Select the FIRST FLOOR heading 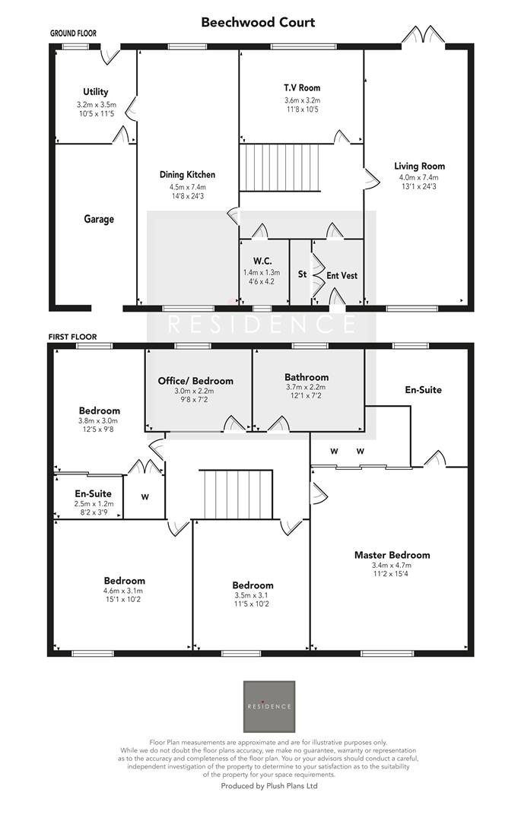pyautogui.click(x=72, y=336)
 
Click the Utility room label pyautogui.click(x=95, y=92)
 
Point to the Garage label pyautogui.click(x=99, y=219)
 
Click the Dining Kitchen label pyautogui.click(x=187, y=174)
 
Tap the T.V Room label pyautogui.click(x=302, y=87)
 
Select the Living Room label pyautogui.click(x=419, y=166)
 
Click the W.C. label pyautogui.click(x=263, y=260)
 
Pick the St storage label pyautogui.click(x=302, y=274)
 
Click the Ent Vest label pyautogui.click(x=342, y=275)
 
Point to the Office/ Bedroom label pyautogui.click(x=195, y=380)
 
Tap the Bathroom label pyautogui.click(x=307, y=377)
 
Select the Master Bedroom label pyautogui.click(x=392, y=554)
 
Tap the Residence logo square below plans pyautogui.click(x=268, y=706)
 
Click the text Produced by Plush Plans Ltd pyautogui.click(x=268, y=786)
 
